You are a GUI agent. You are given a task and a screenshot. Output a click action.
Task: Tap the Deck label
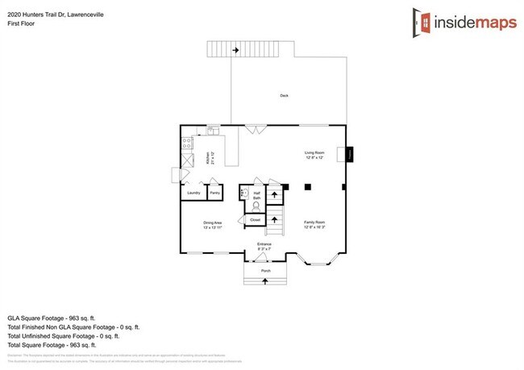coord(284,96)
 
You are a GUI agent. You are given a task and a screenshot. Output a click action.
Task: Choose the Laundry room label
coord(193,193)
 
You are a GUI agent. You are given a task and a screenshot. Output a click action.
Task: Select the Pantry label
coord(215,193)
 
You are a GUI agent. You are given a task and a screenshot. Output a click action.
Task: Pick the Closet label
coord(255,219)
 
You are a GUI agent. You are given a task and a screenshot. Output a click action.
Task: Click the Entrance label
coord(264,245)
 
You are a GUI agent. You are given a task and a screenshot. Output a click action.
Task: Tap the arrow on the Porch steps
coord(266,281)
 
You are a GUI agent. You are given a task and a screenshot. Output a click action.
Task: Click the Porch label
coord(266,272)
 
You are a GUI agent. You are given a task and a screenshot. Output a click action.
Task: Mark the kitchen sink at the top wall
coord(212,129)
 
